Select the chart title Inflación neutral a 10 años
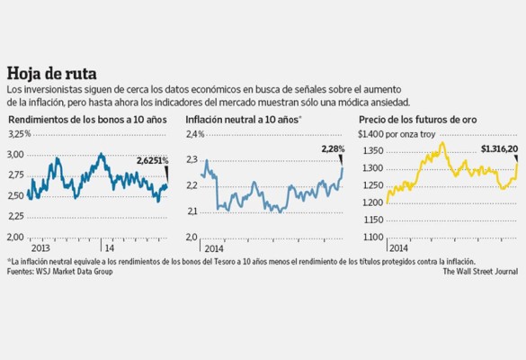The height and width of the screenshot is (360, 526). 241,119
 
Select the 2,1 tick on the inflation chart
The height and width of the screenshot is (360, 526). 192,211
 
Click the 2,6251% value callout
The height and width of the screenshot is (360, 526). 152,160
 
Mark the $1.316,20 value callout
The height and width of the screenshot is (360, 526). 499,149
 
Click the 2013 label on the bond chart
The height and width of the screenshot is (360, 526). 40,247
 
